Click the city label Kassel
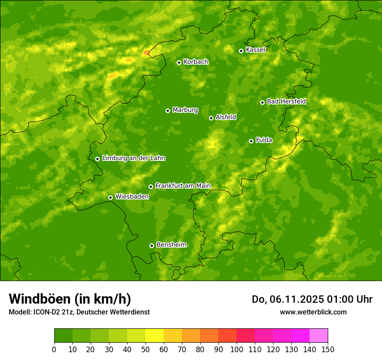pyautogui.click(x=255, y=50)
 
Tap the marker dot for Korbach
pyautogui.click(x=179, y=62)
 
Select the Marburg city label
pyautogui.click(x=185, y=110)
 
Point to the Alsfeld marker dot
pyautogui.click(x=211, y=118)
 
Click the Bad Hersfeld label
pyautogui.click(x=286, y=101)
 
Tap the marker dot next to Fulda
pyautogui.click(x=251, y=141)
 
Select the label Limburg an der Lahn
pyautogui.click(x=133, y=158)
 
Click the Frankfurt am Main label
pyautogui.click(x=183, y=186)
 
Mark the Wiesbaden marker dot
pyautogui.click(x=110, y=197)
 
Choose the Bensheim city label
pyautogui.click(x=171, y=245)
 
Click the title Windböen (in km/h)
pyautogui.click(x=70, y=299)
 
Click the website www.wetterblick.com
pyautogui.click(x=313, y=312)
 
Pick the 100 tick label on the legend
pyautogui.click(x=236, y=349)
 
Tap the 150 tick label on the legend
pyautogui.click(x=327, y=349)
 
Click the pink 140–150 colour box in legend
pyautogui.click(x=318, y=336)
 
